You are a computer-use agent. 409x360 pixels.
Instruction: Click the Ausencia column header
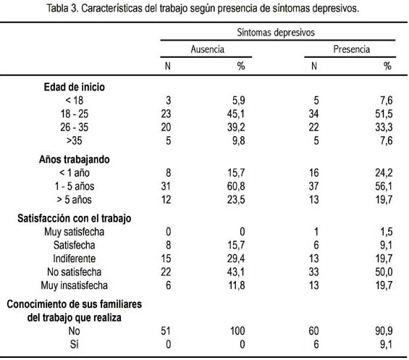click(x=207, y=49)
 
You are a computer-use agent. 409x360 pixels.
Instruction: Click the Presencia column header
click(x=351, y=49)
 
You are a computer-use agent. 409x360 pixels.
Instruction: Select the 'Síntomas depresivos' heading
click(x=276, y=33)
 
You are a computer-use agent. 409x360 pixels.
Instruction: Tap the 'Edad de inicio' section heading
click(x=74, y=87)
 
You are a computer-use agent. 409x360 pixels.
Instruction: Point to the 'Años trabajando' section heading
click(x=74, y=159)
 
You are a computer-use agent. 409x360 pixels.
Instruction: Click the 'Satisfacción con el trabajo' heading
click(x=74, y=218)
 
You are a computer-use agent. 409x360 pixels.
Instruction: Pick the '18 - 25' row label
click(x=75, y=114)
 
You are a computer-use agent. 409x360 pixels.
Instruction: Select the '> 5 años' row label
click(x=74, y=200)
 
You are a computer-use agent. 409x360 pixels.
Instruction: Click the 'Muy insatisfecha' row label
click(x=74, y=285)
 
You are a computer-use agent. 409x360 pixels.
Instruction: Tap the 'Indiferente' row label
click(x=75, y=259)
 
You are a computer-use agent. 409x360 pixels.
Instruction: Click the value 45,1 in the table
click(x=236, y=114)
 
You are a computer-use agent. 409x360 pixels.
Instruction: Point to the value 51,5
click(x=384, y=114)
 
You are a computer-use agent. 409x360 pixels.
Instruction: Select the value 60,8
click(x=236, y=186)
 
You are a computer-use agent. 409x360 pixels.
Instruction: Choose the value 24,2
click(x=384, y=173)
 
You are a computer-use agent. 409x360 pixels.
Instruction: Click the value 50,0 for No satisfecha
click(x=384, y=272)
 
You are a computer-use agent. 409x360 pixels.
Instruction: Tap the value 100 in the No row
click(x=237, y=331)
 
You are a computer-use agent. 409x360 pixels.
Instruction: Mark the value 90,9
click(x=384, y=331)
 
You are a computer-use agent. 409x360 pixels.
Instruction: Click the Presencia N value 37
click(x=313, y=186)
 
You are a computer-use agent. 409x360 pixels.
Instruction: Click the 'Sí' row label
click(x=74, y=344)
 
